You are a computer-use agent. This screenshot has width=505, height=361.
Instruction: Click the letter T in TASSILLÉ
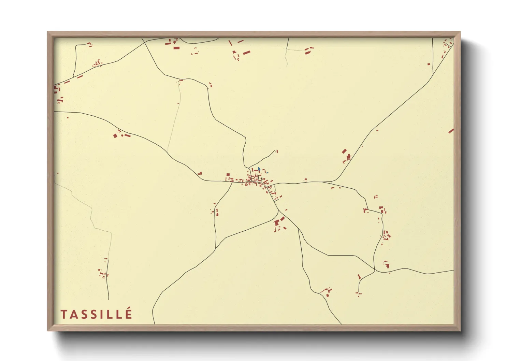coord(64,314)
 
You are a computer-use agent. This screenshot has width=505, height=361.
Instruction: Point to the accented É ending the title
coord(128,314)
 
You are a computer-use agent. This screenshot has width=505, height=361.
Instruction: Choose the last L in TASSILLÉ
coord(119,314)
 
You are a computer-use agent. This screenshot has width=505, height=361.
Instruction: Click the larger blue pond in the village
coord(259,169)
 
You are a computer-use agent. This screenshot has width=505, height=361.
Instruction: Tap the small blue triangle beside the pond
coord(268,173)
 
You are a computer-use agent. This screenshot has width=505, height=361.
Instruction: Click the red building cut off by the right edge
coord(451,131)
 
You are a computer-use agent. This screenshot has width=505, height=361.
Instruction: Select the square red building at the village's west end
coord(228,175)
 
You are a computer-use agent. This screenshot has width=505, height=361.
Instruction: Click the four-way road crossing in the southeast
coord(375,271)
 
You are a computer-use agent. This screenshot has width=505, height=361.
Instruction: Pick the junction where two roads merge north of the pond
coord(248,167)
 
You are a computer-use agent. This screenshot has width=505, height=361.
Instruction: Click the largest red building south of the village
coord(277,223)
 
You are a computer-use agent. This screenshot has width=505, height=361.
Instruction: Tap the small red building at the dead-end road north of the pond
coord(277,151)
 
